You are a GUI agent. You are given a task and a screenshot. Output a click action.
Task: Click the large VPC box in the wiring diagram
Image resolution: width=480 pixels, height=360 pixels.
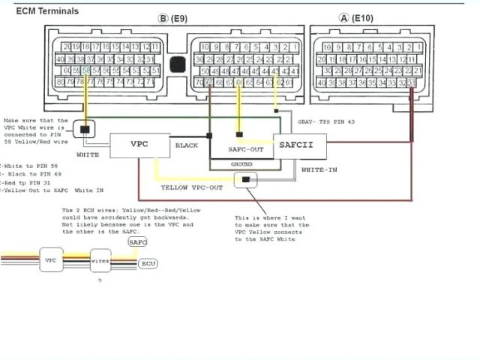coord(140,144)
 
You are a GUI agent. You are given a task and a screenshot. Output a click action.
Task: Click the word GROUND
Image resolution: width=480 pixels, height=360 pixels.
coord(241,163)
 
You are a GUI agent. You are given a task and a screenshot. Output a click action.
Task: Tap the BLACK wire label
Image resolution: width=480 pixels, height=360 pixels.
coord(187,145)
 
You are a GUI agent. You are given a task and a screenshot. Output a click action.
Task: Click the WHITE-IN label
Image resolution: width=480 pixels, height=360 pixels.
coord(319,170)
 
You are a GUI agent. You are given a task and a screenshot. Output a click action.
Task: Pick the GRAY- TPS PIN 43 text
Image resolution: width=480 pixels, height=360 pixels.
coord(326,121)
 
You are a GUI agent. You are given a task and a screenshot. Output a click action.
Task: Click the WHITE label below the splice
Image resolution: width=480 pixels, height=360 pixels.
coord(88,154)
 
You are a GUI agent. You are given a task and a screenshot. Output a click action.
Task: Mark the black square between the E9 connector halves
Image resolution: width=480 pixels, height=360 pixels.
coord(177,64)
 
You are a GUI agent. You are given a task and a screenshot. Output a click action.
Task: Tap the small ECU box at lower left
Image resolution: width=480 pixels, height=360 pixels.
coord(148,264)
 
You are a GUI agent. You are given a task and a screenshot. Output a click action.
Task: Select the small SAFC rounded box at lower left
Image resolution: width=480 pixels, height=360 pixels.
coord(138,242)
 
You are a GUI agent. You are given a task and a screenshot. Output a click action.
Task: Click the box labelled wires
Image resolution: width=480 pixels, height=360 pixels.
coord(100,261)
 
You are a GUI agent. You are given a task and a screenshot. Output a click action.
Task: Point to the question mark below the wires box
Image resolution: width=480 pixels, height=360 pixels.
coord(100,280)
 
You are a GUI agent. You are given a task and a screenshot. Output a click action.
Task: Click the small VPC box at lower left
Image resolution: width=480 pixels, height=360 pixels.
coord(51,259)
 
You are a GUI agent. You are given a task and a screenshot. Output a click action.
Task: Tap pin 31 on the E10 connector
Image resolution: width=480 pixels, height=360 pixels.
coord(411,82)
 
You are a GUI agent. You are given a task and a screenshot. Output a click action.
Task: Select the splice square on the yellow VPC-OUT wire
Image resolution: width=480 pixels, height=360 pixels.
coord(245,180)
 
